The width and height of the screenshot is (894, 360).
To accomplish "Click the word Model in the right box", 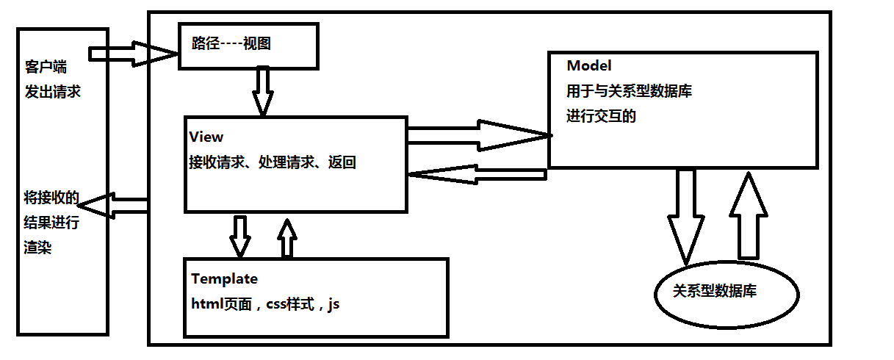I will [588, 66].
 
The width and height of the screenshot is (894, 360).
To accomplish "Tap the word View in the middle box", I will [206, 137].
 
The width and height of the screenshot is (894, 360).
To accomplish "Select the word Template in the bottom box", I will [224, 279].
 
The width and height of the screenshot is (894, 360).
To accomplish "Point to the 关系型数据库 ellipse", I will [726, 292].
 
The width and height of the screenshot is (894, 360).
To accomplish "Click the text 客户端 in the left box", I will [46, 68].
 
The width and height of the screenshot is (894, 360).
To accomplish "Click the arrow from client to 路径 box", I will [132, 54].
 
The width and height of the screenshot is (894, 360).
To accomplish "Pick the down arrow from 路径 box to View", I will [262, 90].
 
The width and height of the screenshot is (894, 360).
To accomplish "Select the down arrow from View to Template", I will [240, 234].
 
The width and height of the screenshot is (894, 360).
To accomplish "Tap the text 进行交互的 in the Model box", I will [601, 116].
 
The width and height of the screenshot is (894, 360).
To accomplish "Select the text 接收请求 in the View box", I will [214, 163].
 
